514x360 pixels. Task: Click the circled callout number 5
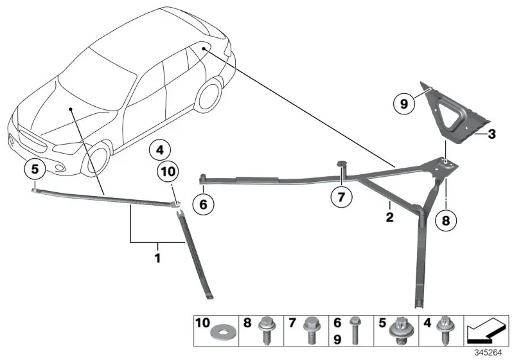tap(35, 170)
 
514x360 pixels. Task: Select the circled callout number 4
tap(159, 150)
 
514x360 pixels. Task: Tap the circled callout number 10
tap(168, 172)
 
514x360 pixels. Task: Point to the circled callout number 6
tap(203, 204)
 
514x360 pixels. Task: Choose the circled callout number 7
tap(341, 197)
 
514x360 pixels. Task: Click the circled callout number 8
tap(446, 221)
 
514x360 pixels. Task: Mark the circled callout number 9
tap(404, 104)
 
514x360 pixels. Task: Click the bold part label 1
tap(157, 258)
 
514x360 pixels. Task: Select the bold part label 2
tap(389, 217)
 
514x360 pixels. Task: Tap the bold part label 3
tap(492, 134)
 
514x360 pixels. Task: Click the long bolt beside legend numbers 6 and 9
tap(354, 330)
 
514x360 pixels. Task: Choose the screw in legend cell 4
tap(445, 330)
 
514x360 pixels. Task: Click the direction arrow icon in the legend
tap(486, 330)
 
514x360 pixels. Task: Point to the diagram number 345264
tap(488, 353)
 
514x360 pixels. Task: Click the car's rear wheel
tap(208, 93)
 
